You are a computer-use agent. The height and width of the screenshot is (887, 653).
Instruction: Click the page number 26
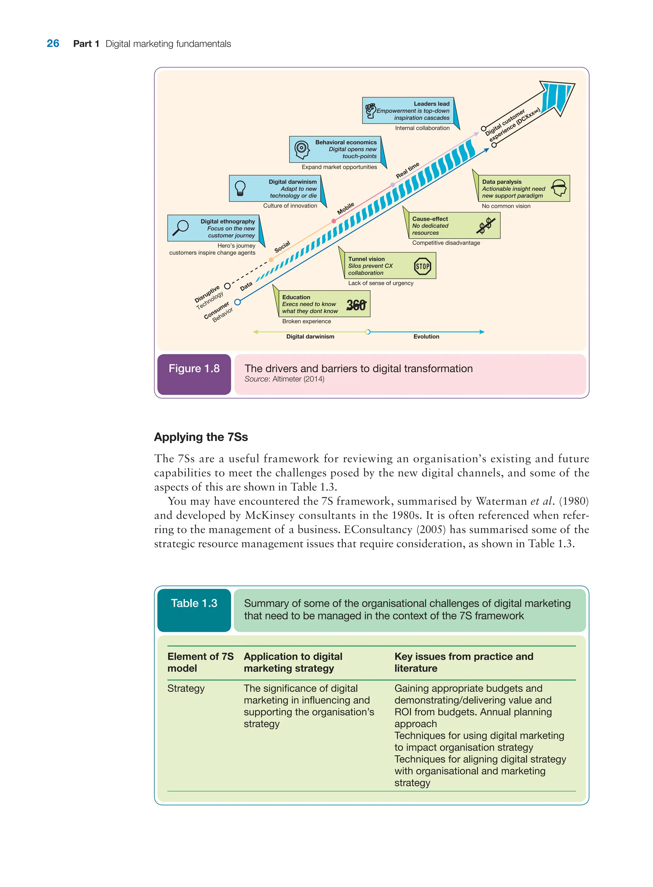tap(53, 43)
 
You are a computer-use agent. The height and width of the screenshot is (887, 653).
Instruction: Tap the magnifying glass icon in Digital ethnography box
tap(181, 228)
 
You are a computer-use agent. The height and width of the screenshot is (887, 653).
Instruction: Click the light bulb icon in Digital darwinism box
tap(240, 188)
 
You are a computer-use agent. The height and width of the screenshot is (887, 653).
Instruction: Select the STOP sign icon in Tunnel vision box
tap(422, 266)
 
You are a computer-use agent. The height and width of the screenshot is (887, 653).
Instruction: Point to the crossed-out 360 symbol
tap(356, 305)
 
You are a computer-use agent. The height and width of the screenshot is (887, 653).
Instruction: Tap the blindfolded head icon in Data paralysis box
tap(559, 188)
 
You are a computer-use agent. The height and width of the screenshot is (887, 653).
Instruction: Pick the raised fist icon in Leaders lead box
tap(371, 111)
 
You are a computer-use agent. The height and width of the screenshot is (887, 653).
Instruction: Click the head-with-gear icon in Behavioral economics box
tap(302, 149)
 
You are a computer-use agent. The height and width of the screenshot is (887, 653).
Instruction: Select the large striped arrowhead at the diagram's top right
tap(557, 97)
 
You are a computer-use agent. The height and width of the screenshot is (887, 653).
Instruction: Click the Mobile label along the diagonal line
tap(346, 208)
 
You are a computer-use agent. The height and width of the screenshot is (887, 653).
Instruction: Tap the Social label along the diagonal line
tap(282, 247)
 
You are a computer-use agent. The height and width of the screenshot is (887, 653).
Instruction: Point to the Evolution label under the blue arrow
tap(426, 337)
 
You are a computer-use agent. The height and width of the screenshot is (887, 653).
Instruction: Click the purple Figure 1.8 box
tap(194, 374)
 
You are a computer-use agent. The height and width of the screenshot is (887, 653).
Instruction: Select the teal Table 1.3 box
tap(194, 610)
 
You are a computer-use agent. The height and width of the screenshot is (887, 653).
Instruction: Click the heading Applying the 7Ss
tap(201, 437)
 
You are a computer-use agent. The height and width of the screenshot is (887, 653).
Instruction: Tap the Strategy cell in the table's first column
tap(186, 688)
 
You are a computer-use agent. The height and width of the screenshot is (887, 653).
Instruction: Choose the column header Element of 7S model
tap(201, 662)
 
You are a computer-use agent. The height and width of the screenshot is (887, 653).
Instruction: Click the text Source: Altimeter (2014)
tap(284, 379)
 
